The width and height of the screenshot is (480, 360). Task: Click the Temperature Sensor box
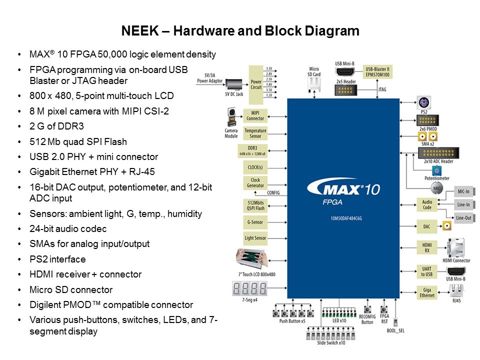255,133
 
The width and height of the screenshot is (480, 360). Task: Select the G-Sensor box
255,222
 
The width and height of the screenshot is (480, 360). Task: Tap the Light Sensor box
255,238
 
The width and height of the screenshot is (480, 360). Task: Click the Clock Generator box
255,183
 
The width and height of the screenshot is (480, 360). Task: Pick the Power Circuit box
256,83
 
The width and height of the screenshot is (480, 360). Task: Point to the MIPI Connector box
255,115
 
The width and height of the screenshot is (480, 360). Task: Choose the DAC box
426,226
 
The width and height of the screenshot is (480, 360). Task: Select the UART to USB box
426,272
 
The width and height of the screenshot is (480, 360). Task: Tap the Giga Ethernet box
426,292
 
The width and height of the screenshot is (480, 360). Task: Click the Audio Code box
426,204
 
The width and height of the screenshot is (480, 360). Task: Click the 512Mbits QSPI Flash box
255,205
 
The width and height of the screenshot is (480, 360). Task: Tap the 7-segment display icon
250,288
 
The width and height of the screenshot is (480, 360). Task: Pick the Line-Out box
462,218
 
